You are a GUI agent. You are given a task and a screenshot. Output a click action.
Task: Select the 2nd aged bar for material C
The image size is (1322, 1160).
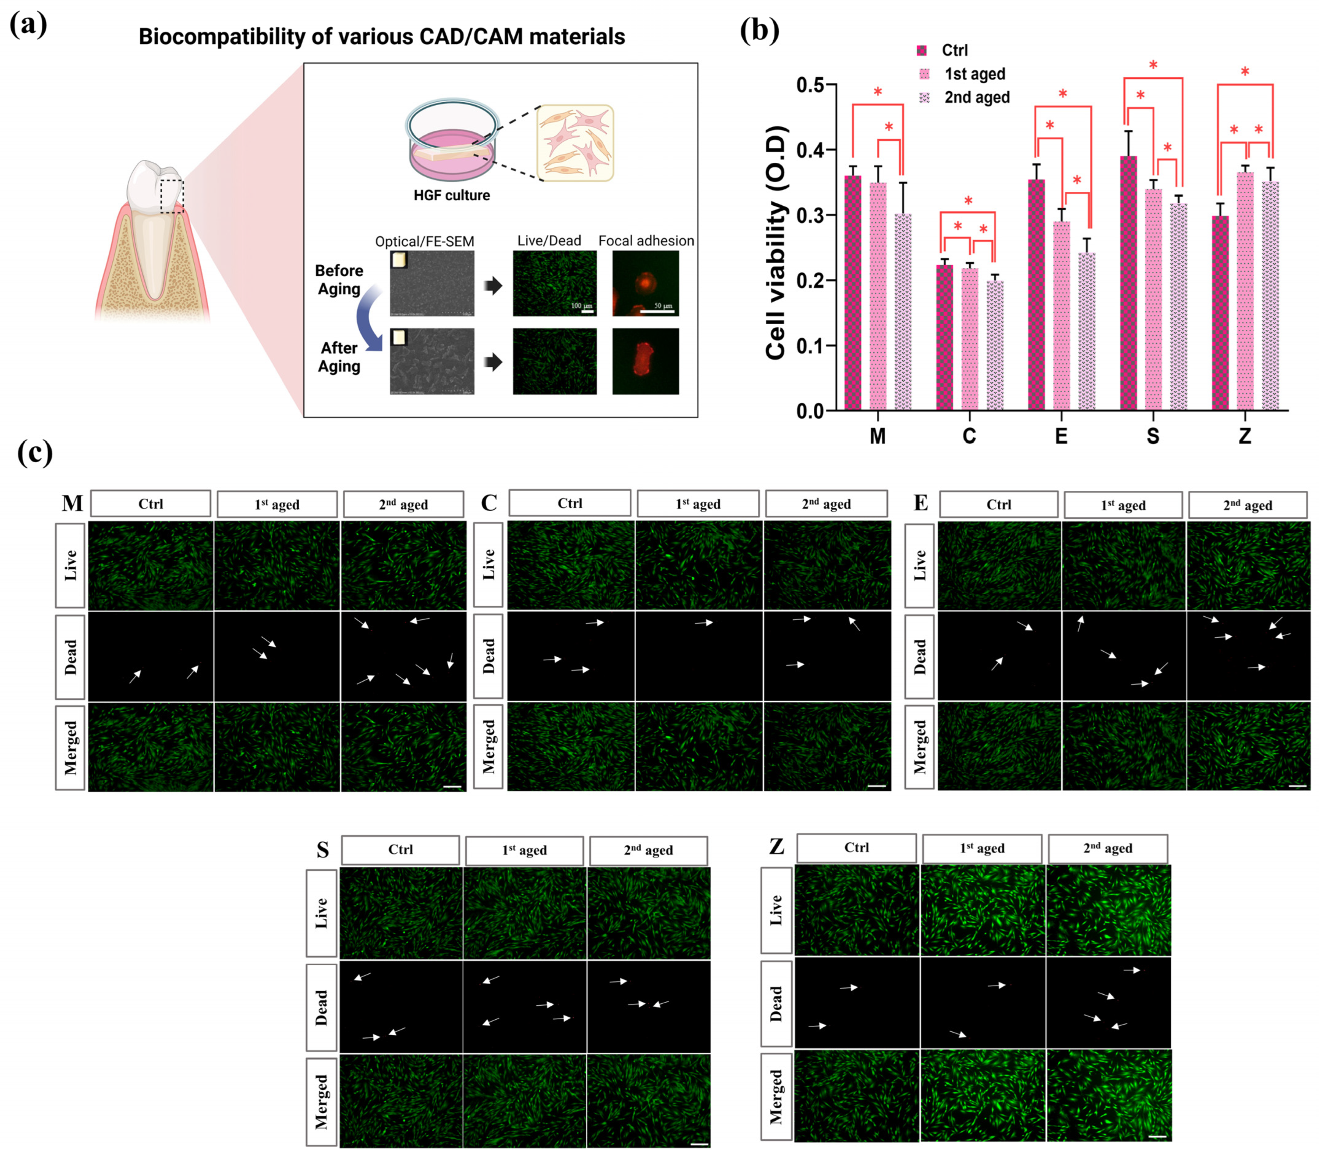[x=995, y=345]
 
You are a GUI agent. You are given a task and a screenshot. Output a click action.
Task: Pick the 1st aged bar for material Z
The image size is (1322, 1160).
[x=1245, y=291]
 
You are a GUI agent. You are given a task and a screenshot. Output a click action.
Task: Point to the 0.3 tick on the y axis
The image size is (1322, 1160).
[x=810, y=215]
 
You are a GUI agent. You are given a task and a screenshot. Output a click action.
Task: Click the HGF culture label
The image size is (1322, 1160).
[x=452, y=195]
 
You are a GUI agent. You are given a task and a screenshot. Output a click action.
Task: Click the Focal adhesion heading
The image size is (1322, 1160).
[x=645, y=241]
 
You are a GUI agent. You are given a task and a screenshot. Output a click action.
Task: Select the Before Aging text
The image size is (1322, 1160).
[x=339, y=279]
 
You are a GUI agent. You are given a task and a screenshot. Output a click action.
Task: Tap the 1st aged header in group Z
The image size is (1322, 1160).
[x=981, y=848]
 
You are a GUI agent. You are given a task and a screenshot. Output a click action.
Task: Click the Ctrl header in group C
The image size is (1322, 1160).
[x=569, y=503]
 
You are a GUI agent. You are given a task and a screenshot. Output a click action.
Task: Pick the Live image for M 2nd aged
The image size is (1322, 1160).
[x=403, y=565]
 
